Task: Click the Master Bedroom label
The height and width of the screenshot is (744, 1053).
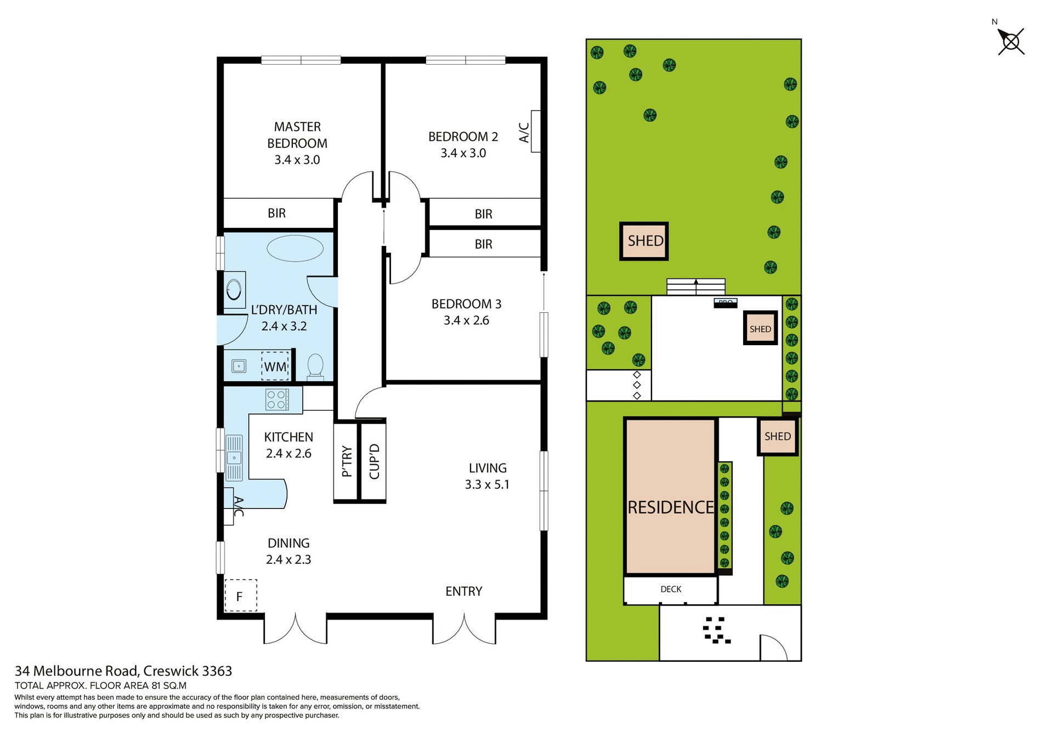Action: coord(297,135)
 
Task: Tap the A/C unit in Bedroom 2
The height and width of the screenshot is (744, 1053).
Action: coord(535,131)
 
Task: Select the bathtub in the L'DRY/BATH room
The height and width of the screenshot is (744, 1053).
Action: coord(295,248)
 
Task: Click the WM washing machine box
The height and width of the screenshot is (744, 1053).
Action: coord(275,366)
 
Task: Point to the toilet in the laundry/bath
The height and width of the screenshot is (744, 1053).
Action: coord(315,365)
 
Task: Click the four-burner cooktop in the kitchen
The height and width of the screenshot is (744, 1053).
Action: coord(277,399)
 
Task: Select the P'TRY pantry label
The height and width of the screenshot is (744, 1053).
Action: coord(347,461)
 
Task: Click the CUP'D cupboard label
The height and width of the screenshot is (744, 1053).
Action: coord(374,461)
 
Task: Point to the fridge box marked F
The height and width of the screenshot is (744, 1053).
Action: coord(240,596)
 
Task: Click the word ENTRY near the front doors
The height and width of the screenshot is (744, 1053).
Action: coord(463,591)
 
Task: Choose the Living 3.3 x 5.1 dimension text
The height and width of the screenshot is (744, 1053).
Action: coord(487,484)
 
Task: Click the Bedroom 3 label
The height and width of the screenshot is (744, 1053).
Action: coord(466,304)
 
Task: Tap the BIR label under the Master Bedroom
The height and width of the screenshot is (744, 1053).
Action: coord(276,213)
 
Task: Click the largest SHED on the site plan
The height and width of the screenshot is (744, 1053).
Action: coord(644,241)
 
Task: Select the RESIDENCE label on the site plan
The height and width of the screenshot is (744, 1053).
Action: coord(670,507)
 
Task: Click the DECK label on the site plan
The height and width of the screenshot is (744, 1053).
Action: coord(671,589)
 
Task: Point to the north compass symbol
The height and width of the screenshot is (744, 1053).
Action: coord(1011,42)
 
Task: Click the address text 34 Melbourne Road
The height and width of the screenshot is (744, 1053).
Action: coord(76,671)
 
